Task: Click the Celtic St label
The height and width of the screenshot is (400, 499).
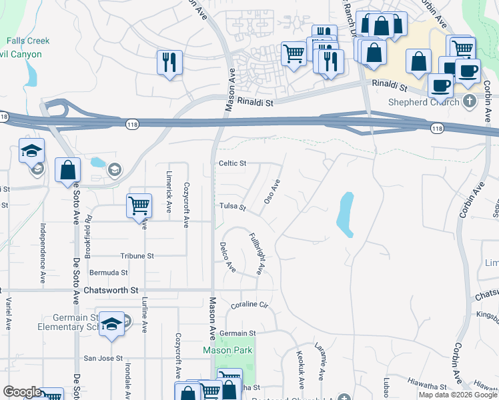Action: click(x=233, y=163)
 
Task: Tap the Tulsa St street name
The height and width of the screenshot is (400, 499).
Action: click(x=233, y=207)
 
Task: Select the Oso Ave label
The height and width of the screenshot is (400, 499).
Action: click(x=272, y=191)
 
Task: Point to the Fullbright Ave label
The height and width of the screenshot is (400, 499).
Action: click(x=257, y=253)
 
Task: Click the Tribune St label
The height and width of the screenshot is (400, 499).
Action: click(x=137, y=256)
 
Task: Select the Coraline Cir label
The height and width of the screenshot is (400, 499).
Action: click(x=249, y=305)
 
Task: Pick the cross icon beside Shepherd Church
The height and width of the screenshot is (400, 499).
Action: click(x=469, y=102)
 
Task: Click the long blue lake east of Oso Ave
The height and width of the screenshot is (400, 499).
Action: click(x=346, y=215)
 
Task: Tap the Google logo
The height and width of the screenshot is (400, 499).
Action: click(x=22, y=392)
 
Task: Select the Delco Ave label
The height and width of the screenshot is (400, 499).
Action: click(x=227, y=257)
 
